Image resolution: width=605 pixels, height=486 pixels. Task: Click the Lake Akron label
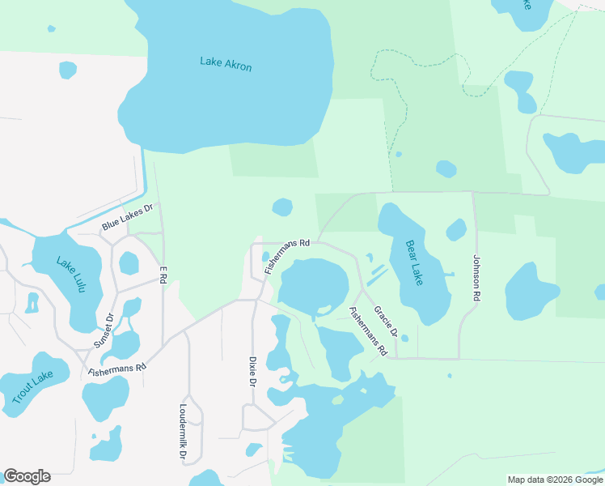[226, 63]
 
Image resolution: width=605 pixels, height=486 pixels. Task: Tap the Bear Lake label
[413, 262]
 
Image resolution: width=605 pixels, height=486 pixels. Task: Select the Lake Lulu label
[69, 274]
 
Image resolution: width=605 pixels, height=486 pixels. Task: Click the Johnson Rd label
[476, 279]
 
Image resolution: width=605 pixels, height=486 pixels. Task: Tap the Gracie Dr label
[385, 321]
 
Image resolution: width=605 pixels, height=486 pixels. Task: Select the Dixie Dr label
[252, 372]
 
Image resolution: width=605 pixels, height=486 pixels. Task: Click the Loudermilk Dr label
[184, 432]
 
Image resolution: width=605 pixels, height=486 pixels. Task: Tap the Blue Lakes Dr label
[127, 219]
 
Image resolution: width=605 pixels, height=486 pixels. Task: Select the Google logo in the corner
[27, 476]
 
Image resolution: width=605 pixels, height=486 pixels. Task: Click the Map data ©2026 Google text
[555, 480]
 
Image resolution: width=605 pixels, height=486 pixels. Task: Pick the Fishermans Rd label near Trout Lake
[117, 367]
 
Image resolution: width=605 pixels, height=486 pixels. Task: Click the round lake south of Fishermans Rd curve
[313, 286]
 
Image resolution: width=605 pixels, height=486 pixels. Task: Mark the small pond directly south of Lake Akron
[282, 207]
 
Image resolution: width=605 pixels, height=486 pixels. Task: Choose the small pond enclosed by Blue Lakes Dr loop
[129, 262]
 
